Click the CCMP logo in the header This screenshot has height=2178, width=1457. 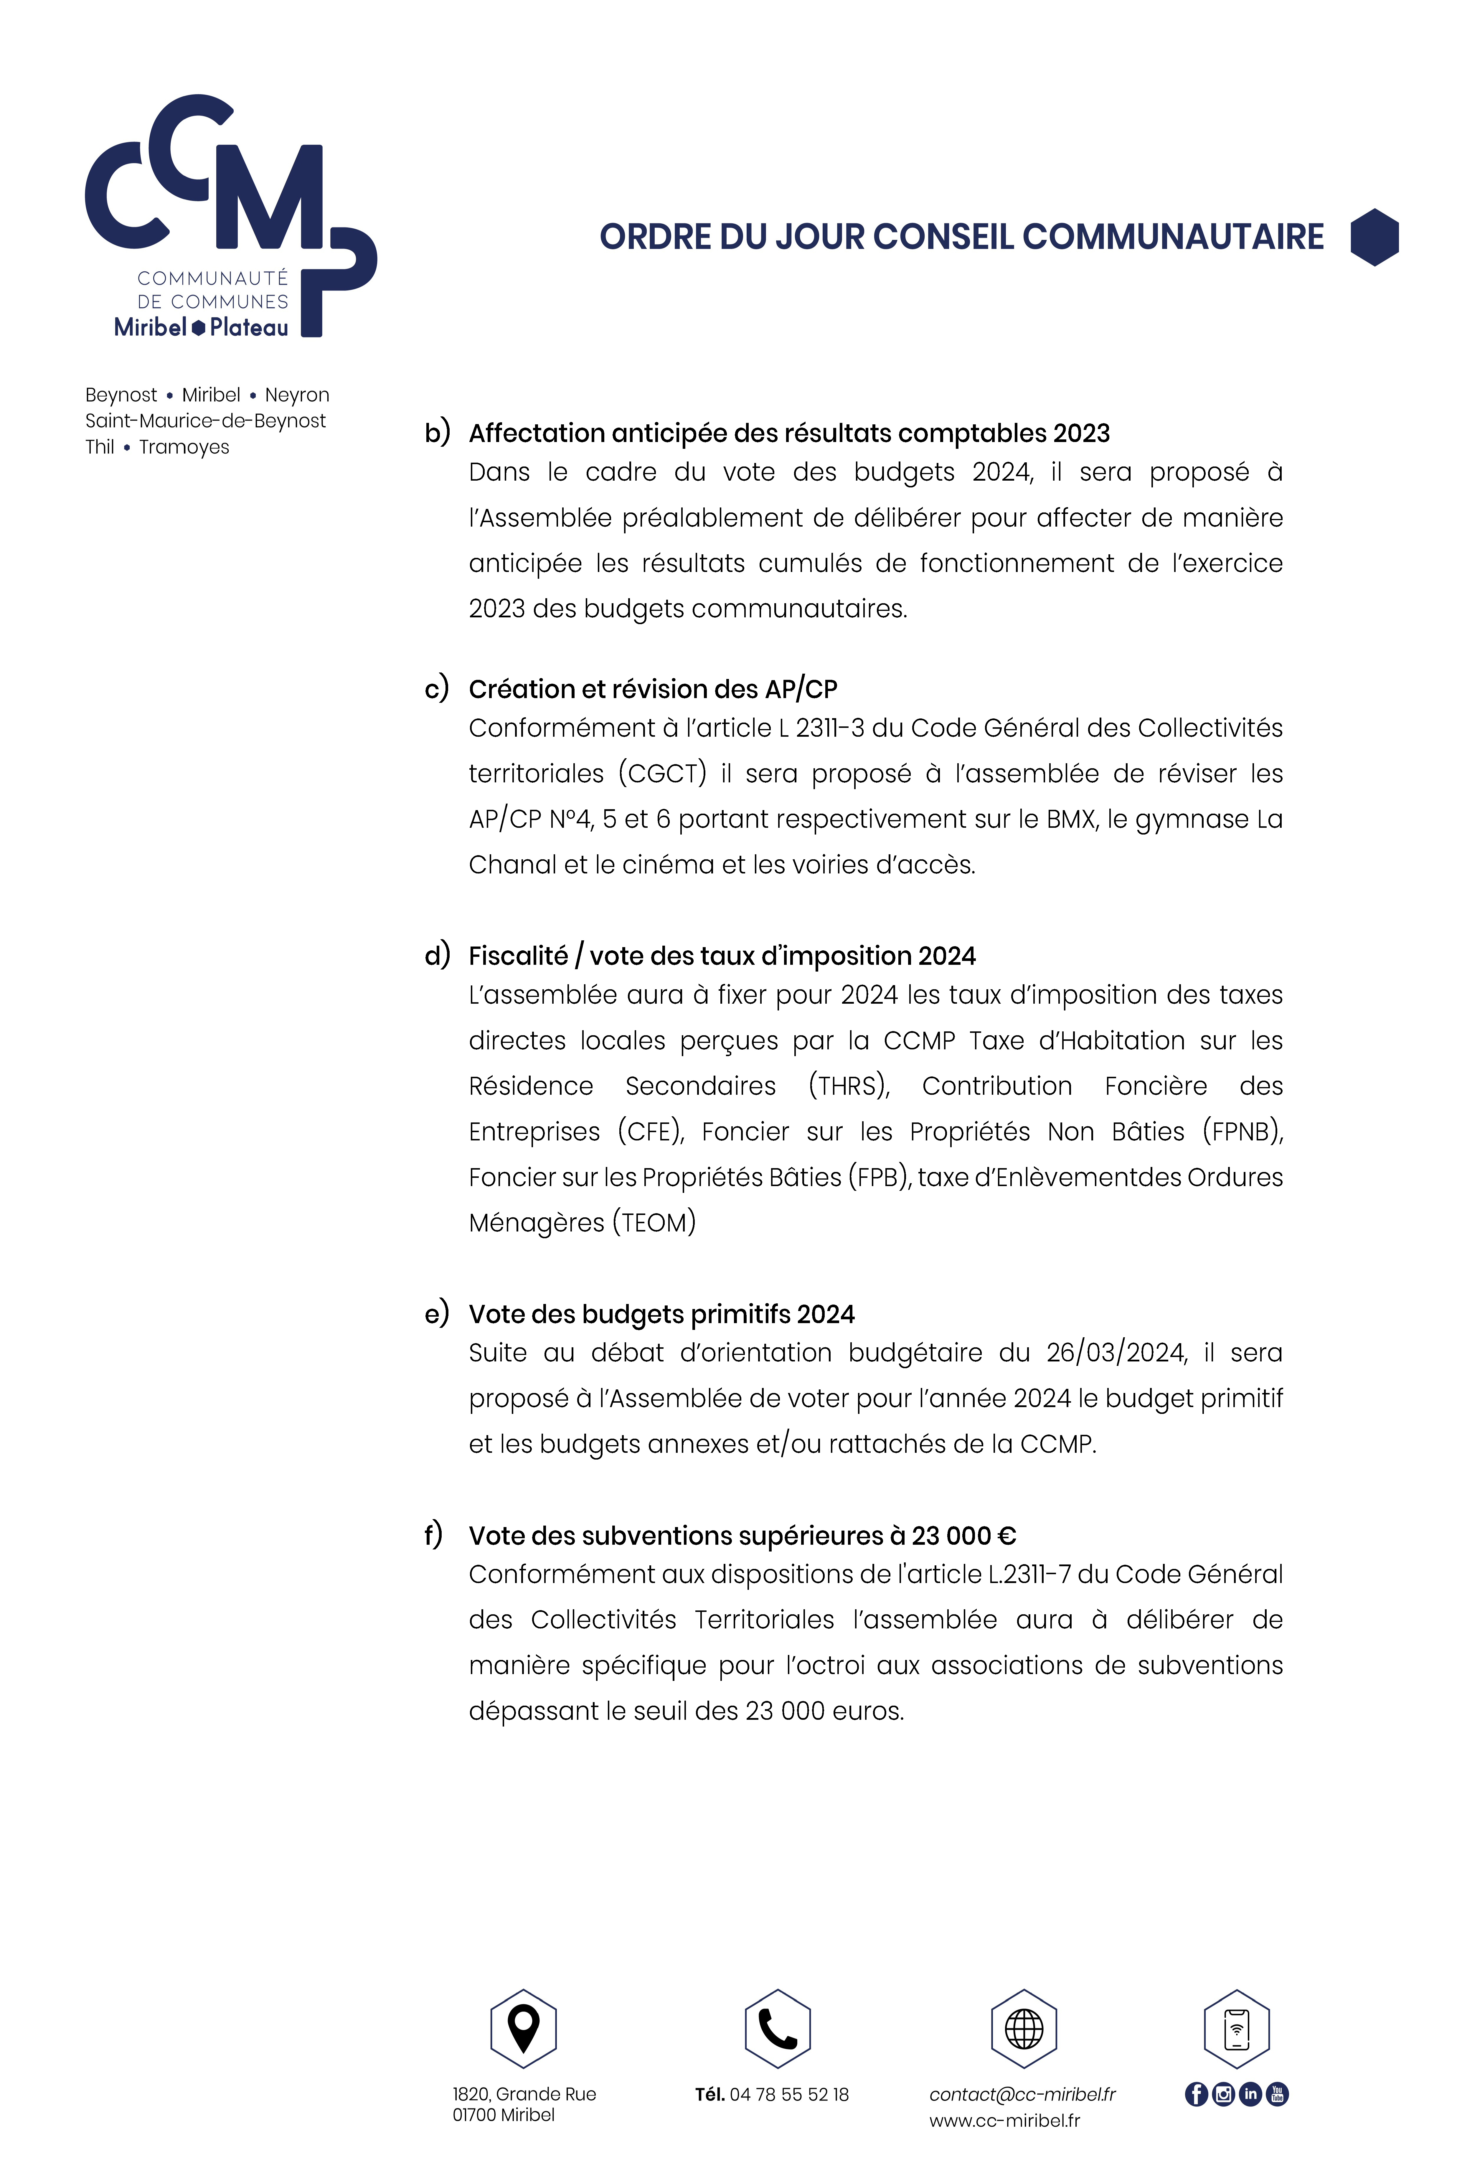click(230, 216)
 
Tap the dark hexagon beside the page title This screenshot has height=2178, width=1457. click(1374, 237)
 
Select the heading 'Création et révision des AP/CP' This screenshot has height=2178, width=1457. click(652, 690)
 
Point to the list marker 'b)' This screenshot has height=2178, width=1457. click(437, 433)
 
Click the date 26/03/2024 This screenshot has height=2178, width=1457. click(1115, 1353)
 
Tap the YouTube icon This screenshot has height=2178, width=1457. click(1278, 2094)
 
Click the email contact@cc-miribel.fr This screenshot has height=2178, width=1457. click(1022, 2094)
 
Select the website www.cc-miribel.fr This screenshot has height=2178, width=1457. click(1004, 2121)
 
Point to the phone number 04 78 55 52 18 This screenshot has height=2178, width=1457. click(789, 2094)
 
